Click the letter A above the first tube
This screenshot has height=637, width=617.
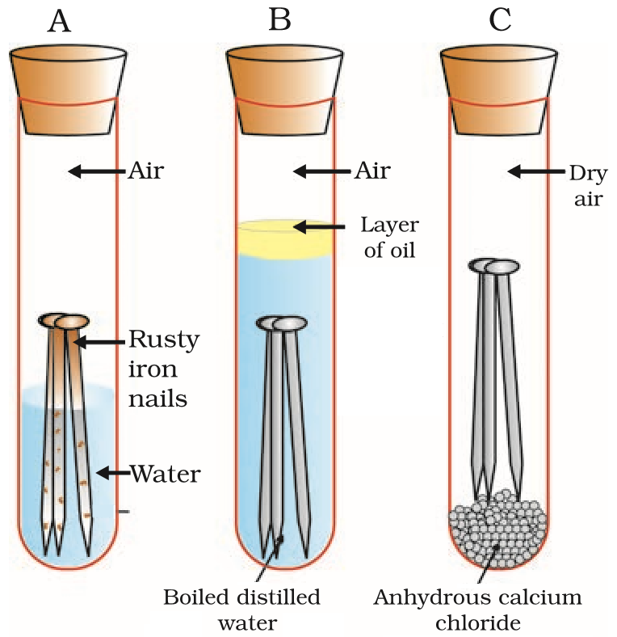[x=60, y=20]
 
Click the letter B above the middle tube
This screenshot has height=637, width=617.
[x=279, y=20]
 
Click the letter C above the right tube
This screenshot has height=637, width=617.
[x=500, y=20]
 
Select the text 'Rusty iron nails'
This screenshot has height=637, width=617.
[x=166, y=369]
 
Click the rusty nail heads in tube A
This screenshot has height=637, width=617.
[x=64, y=322]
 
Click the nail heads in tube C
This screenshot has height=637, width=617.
[x=493, y=266]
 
